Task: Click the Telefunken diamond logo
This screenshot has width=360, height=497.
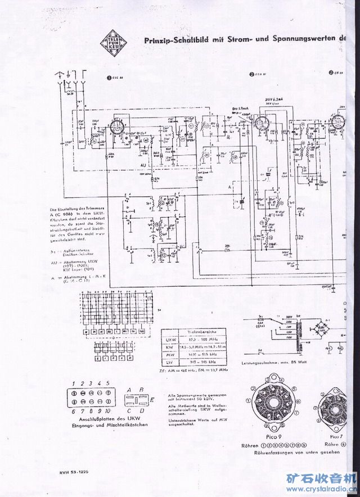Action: point(110,42)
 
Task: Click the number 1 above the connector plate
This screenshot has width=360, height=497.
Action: point(74,384)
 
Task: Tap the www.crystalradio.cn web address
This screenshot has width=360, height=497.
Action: point(326,489)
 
